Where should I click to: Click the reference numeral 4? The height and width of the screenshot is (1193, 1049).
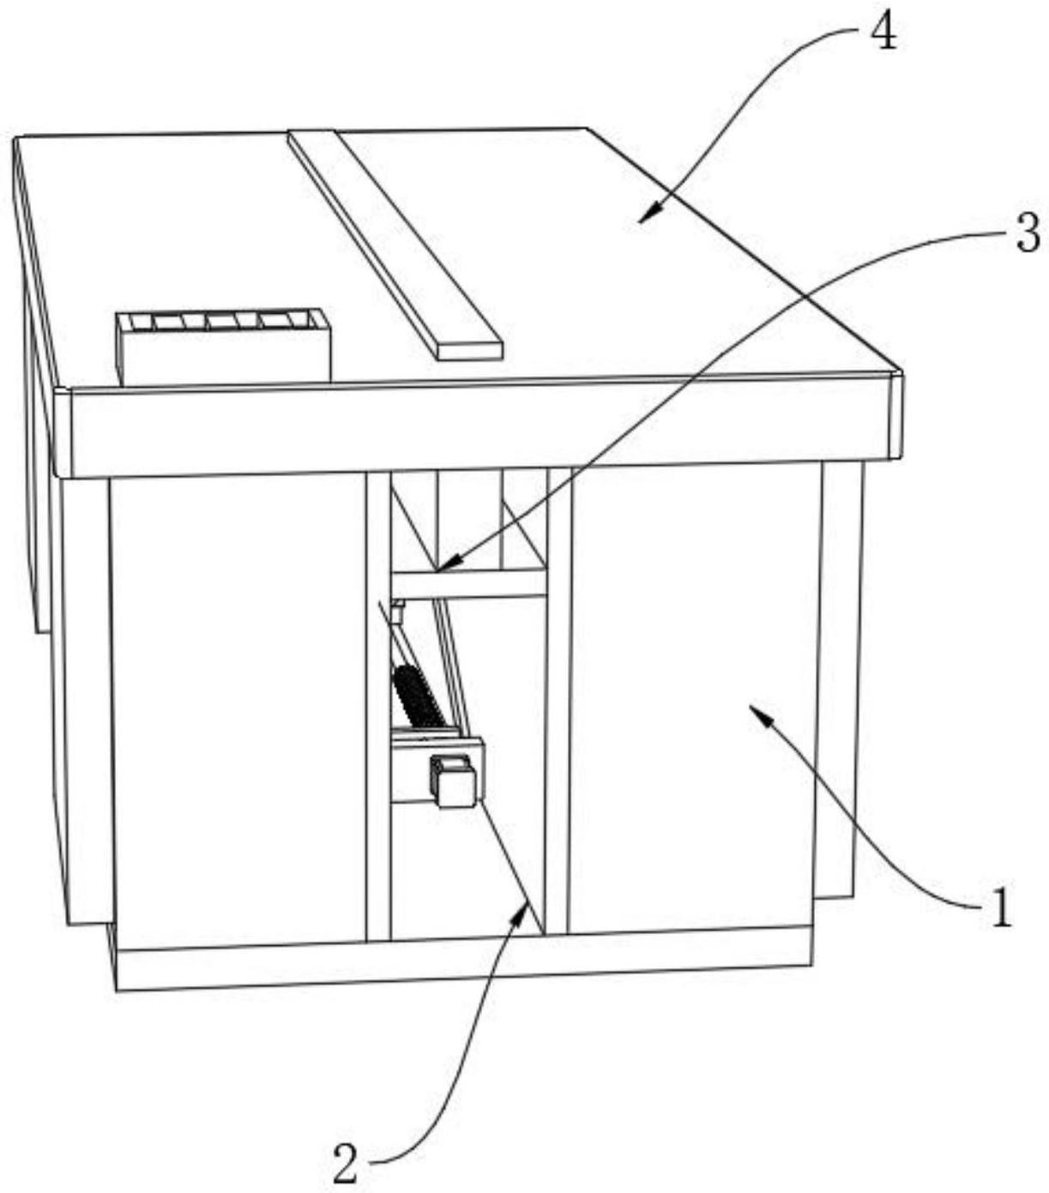tap(883, 33)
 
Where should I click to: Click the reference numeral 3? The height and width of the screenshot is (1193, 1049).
tap(1028, 232)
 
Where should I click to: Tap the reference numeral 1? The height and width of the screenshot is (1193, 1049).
tap(1000, 907)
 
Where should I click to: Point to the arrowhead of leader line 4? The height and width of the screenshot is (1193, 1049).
tap(642, 220)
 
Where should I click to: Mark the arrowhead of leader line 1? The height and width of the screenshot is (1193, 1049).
tap(754, 708)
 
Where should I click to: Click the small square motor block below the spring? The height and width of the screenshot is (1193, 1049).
tap(455, 781)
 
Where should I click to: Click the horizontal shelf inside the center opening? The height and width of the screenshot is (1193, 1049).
tap(467, 583)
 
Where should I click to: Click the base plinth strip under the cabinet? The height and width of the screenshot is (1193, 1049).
tap(463, 961)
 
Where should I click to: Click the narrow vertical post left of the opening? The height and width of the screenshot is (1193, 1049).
tap(377, 703)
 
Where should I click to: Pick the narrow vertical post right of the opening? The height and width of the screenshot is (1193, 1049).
tap(558, 703)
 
